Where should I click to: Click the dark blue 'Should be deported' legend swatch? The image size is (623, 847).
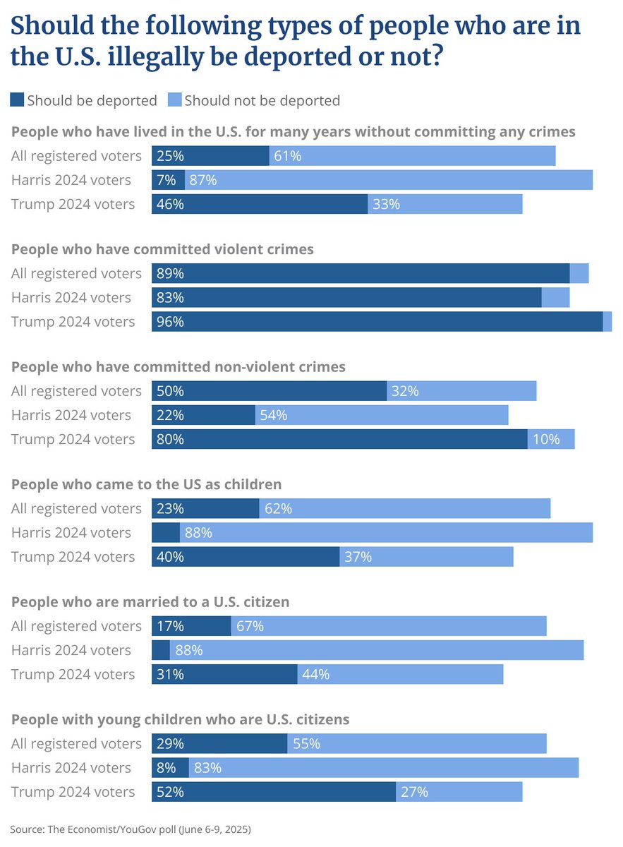coord(17,100)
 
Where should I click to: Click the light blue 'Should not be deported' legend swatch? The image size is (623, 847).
coord(174,100)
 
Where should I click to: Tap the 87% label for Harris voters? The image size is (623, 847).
coord(203,180)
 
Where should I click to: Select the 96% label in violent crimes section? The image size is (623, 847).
coord(170,322)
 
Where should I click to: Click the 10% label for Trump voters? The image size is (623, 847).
coord(546,439)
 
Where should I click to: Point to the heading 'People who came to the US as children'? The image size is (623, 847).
coord(147,484)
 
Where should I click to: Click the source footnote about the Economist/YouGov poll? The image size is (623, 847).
coord(131,829)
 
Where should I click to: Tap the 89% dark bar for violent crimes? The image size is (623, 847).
coord(360,274)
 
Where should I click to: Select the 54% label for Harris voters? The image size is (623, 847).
coord(273,415)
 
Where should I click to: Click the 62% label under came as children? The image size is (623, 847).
coord(277,508)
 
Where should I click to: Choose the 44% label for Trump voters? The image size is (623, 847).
coord(315,674)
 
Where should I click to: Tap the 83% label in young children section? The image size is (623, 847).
coord(207,768)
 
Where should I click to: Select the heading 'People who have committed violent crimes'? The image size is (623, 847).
coord(163,249)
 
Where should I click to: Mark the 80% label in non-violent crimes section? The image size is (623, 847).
coord(170,439)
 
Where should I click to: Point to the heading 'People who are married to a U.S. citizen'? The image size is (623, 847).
coord(151,602)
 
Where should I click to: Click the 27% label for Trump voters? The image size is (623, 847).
coord(414,792)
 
